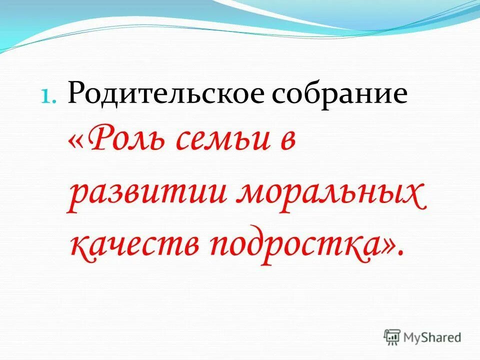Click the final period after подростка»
pyautogui.click(x=401, y=253)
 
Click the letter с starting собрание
pyautogui.click(x=281, y=96)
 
